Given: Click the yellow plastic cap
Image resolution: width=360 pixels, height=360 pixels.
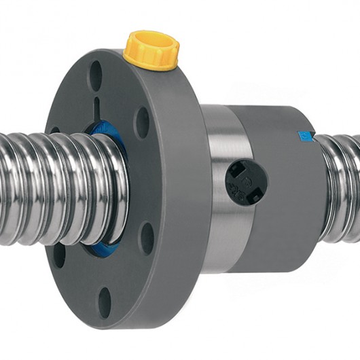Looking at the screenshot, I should pyautogui.click(x=151, y=49).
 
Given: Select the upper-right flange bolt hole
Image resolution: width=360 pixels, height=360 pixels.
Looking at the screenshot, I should pyautogui.click(x=142, y=122).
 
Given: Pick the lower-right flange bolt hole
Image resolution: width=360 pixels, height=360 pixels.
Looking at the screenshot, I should pyautogui.click(x=147, y=238).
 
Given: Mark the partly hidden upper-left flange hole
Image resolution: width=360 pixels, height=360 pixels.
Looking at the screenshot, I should pyautogui.click(x=54, y=130).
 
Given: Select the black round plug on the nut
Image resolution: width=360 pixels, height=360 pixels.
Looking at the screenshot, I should pyautogui.click(x=246, y=182).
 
